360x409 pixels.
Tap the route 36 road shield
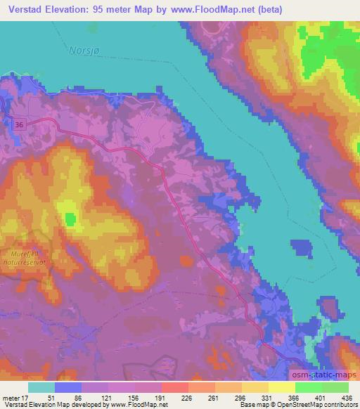(18, 124)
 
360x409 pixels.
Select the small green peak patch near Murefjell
(70, 219)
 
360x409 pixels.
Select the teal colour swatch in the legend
(41, 387)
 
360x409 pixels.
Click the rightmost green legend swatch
(335, 387)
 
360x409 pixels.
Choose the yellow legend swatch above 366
(282, 387)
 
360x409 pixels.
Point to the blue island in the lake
(301, 249)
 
